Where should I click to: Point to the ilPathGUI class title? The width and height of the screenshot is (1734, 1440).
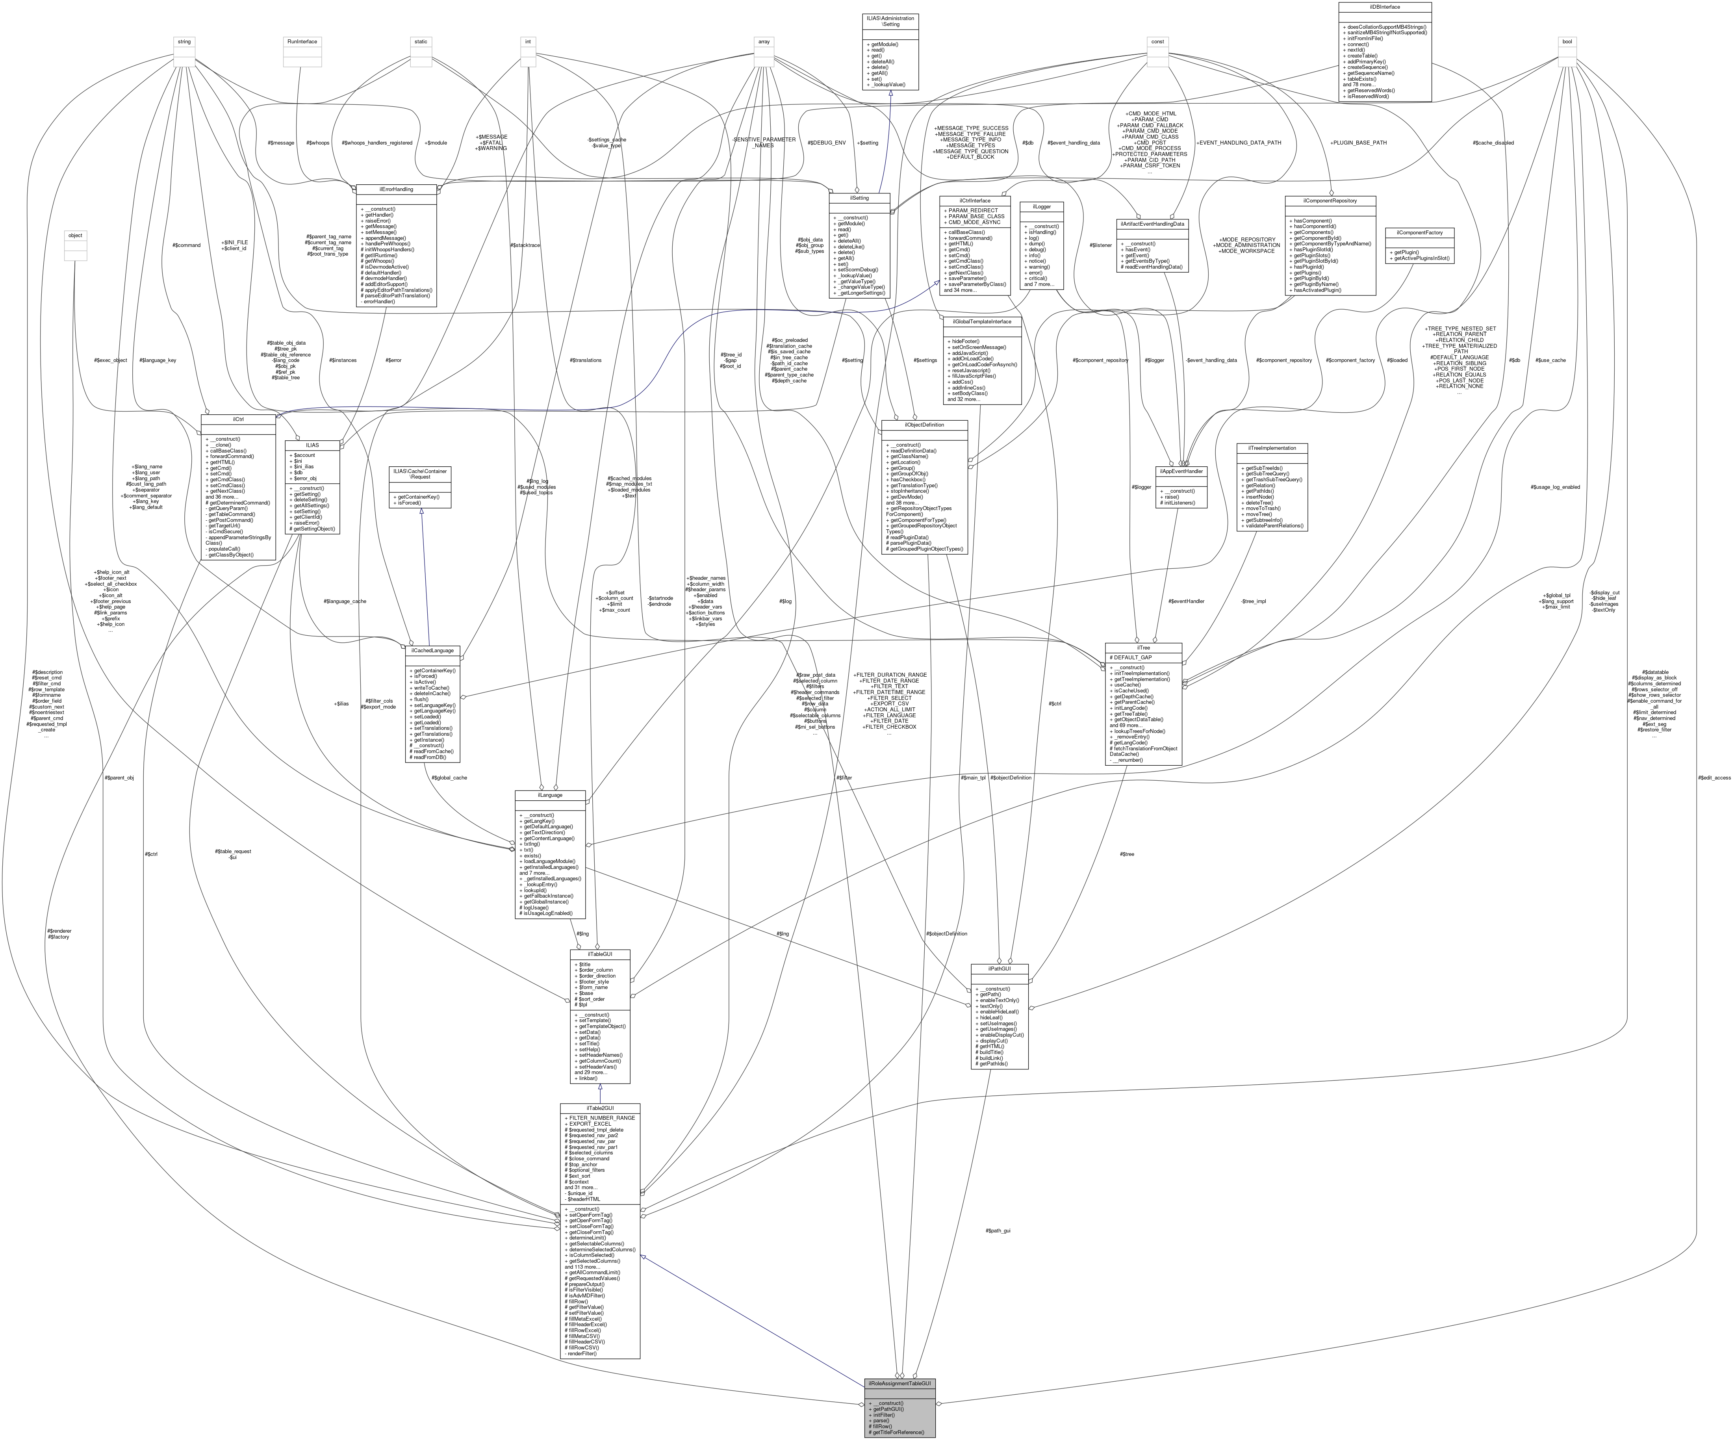coord(999,969)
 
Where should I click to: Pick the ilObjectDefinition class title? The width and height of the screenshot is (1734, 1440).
coord(924,425)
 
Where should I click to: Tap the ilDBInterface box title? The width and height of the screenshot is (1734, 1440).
coord(1385,7)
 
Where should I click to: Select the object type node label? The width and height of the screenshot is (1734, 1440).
coord(75,235)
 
